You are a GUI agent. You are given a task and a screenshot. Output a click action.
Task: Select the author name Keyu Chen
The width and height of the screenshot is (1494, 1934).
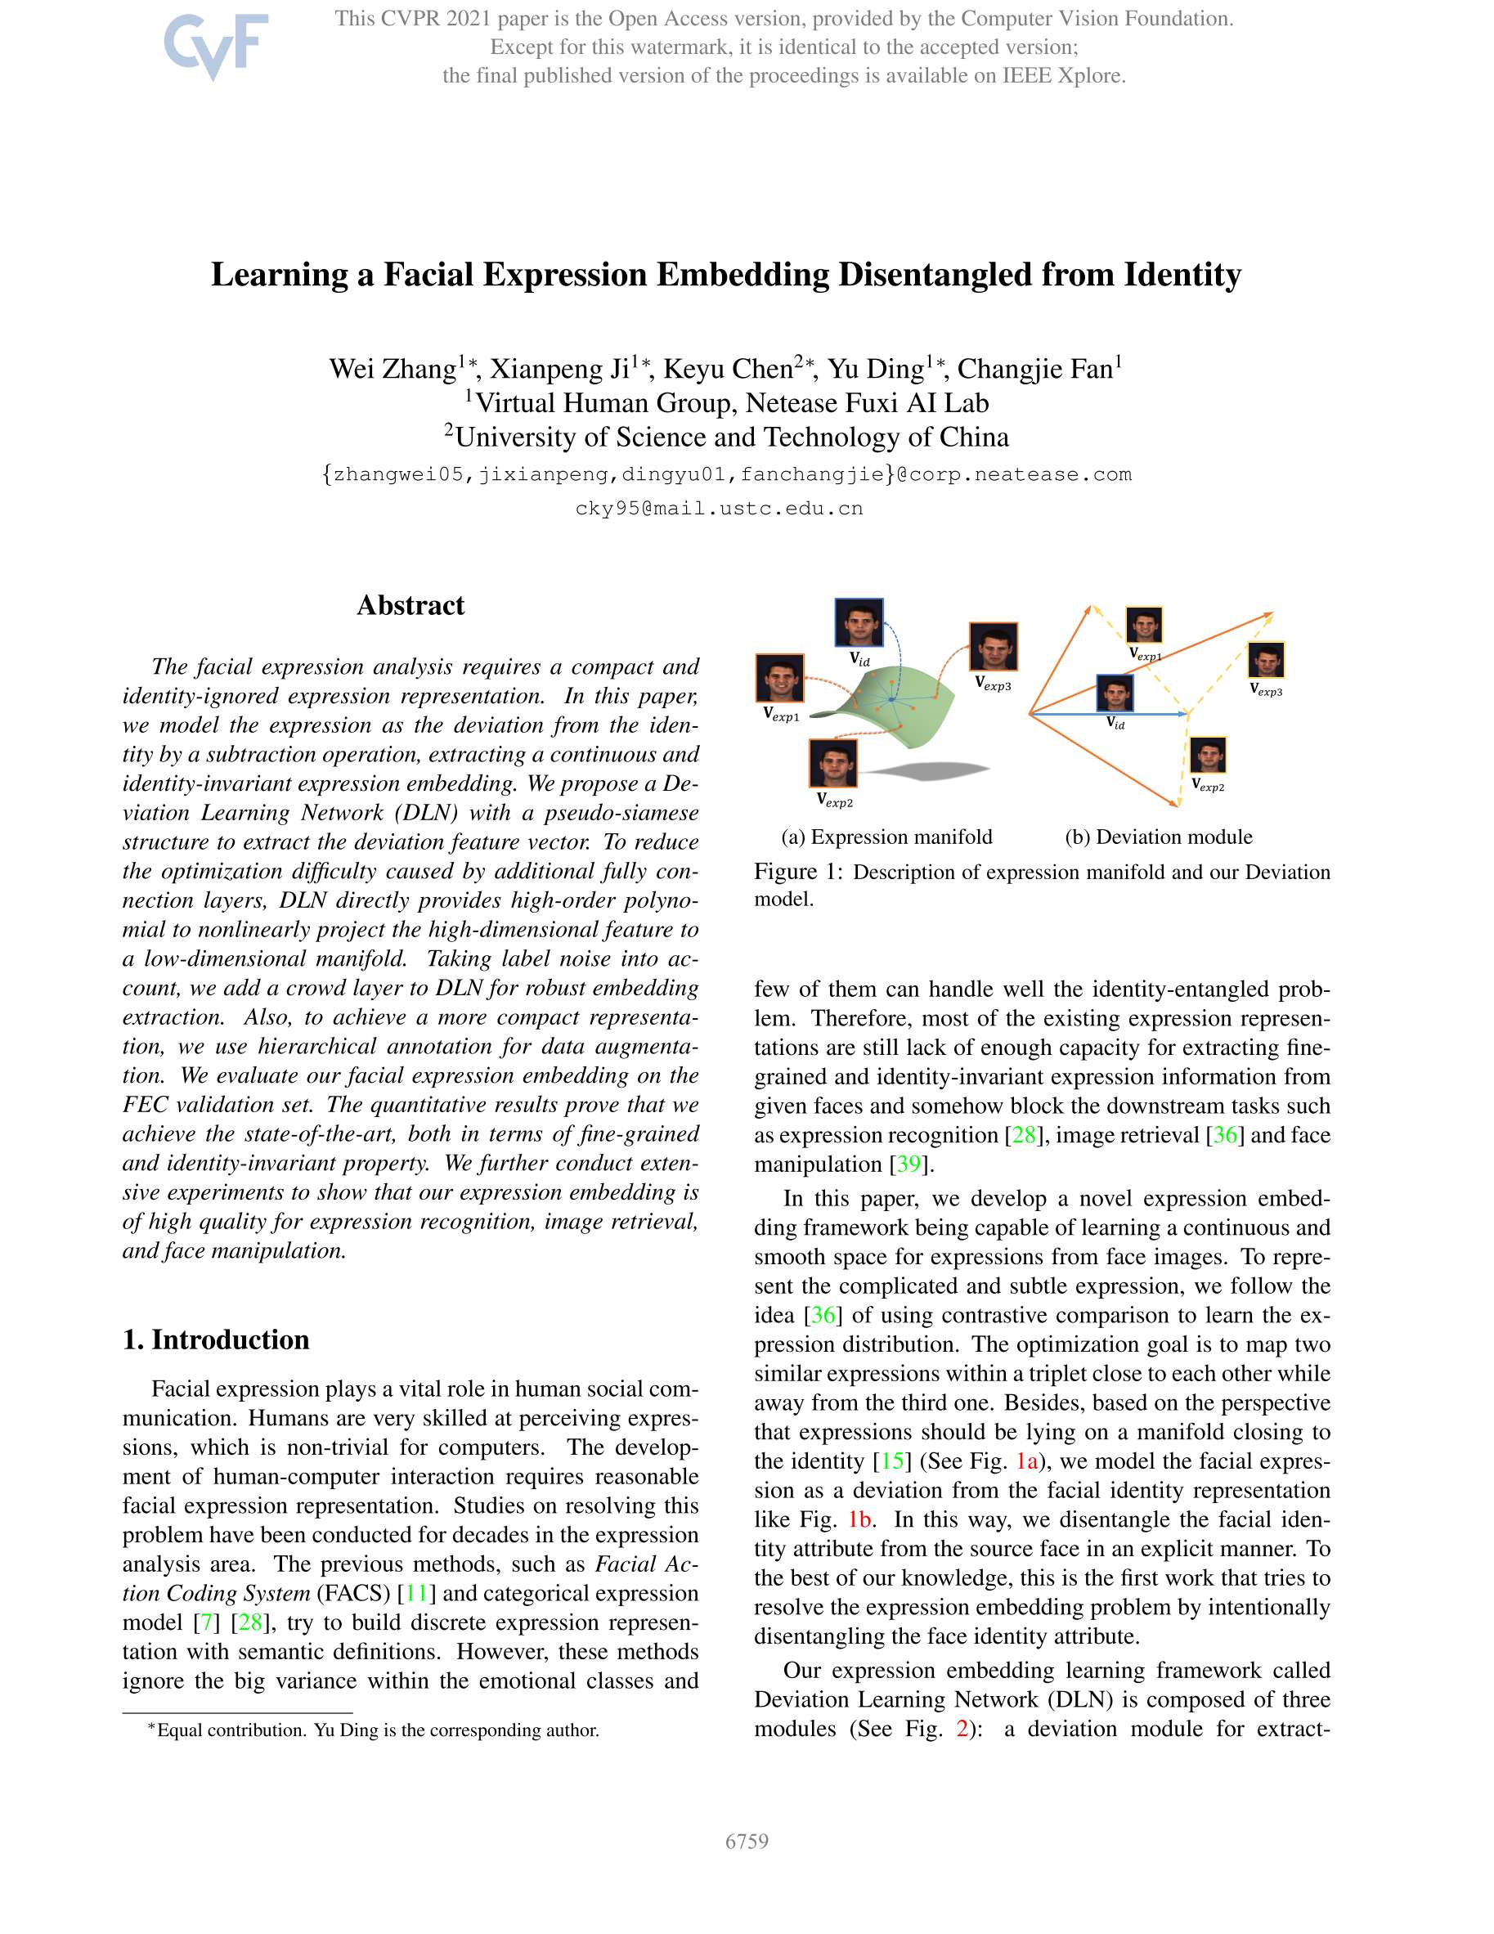click(728, 368)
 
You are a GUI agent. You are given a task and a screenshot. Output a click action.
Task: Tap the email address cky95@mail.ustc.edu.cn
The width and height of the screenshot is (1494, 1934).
click(719, 509)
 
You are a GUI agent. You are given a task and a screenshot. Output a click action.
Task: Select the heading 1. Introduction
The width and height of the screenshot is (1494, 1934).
click(216, 1339)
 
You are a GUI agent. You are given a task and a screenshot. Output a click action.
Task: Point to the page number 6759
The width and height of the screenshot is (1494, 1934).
click(747, 1841)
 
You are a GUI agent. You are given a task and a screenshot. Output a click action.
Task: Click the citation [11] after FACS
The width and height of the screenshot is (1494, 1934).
click(416, 1593)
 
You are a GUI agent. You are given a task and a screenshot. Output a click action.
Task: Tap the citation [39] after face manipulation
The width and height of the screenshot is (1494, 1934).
click(909, 1164)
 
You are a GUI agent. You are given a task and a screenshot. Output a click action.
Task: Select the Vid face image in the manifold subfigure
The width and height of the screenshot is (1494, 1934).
click(858, 622)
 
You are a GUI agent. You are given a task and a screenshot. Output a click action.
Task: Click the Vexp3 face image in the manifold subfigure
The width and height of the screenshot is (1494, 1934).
click(993, 646)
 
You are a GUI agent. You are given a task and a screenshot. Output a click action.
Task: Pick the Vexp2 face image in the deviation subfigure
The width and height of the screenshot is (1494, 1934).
click(1208, 756)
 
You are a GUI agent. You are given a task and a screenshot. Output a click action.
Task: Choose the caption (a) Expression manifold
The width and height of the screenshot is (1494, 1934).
click(886, 837)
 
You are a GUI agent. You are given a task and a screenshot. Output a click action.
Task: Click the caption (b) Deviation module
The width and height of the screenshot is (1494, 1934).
click(1159, 837)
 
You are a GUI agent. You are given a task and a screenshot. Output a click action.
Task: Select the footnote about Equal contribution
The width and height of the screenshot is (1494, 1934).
click(373, 1730)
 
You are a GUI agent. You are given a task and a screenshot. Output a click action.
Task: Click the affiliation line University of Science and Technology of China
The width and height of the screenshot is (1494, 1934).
click(726, 437)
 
